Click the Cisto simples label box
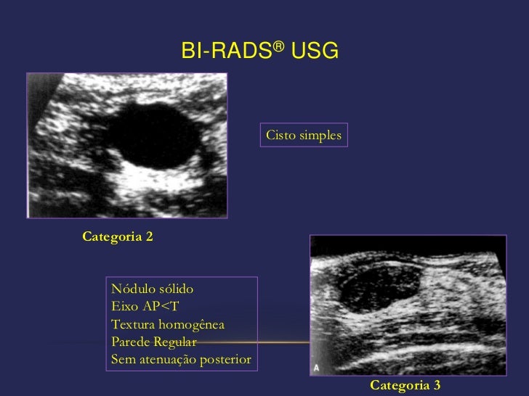point(304,136)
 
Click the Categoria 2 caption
point(118,237)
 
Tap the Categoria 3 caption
point(405,385)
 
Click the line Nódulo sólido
point(152,289)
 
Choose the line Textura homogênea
point(168,323)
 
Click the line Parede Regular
point(153,342)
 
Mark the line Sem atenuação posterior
point(181,359)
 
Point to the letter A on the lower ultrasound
point(317,368)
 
